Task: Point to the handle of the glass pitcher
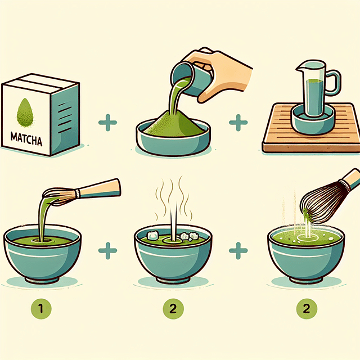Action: click(x=332, y=83)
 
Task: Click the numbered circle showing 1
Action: click(x=38, y=308)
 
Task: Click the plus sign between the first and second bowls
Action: click(x=105, y=251)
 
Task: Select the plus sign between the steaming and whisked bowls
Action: click(x=238, y=251)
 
